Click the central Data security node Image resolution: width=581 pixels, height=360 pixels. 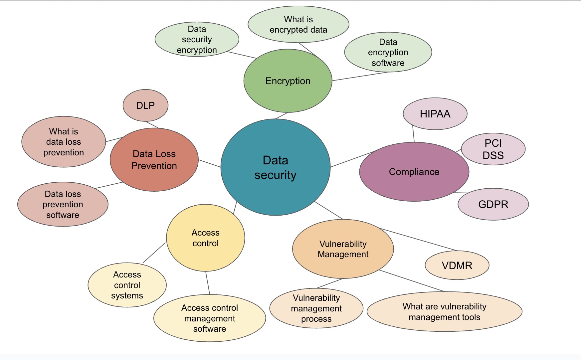pos(276,167)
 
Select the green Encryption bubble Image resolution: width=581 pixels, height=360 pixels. pos(288,81)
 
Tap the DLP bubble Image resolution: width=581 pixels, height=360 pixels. pos(145,105)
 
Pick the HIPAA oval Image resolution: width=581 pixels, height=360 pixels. pos(435,114)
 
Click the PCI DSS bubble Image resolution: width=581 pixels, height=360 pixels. pos(493,149)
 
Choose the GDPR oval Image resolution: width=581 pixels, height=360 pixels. pos(493,204)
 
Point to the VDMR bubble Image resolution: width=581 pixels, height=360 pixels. pos(457,265)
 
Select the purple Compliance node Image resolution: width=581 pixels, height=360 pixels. pos(414,172)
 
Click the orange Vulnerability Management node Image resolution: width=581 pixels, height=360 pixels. pos(343,249)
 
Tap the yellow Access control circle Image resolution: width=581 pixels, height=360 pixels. pos(206,238)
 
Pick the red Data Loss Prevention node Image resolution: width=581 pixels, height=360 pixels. pos(154,160)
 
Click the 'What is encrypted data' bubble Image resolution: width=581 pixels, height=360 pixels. pos(298,24)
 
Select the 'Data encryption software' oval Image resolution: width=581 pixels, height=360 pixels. pos(388,52)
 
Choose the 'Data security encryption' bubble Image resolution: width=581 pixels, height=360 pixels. pos(197,39)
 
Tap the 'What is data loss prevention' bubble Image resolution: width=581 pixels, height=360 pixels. pos(64,142)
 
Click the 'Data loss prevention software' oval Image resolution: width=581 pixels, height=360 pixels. pos(63,204)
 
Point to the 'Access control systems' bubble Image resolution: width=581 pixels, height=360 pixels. pos(127,285)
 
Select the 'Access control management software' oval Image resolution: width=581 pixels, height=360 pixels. pos(210,318)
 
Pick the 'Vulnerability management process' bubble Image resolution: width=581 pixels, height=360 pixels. pos(316,308)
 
